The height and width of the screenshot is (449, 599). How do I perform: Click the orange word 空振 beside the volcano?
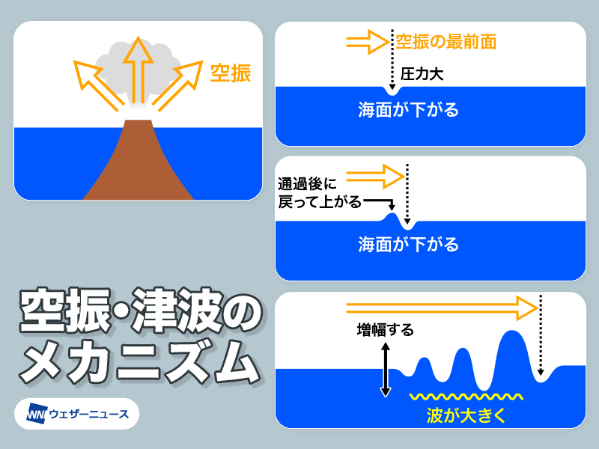[230, 73]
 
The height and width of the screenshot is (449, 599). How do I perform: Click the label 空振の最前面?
[446, 41]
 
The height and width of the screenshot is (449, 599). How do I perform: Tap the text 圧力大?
[424, 74]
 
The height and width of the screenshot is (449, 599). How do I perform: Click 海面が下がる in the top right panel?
[408, 111]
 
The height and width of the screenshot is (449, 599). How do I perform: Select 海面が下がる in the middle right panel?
[408, 244]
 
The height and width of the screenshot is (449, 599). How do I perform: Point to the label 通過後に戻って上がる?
[319, 192]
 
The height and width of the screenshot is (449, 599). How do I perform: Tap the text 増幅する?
[385, 329]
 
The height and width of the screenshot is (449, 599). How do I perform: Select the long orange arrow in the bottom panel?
[442, 305]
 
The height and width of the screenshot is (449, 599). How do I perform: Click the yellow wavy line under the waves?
[464, 397]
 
